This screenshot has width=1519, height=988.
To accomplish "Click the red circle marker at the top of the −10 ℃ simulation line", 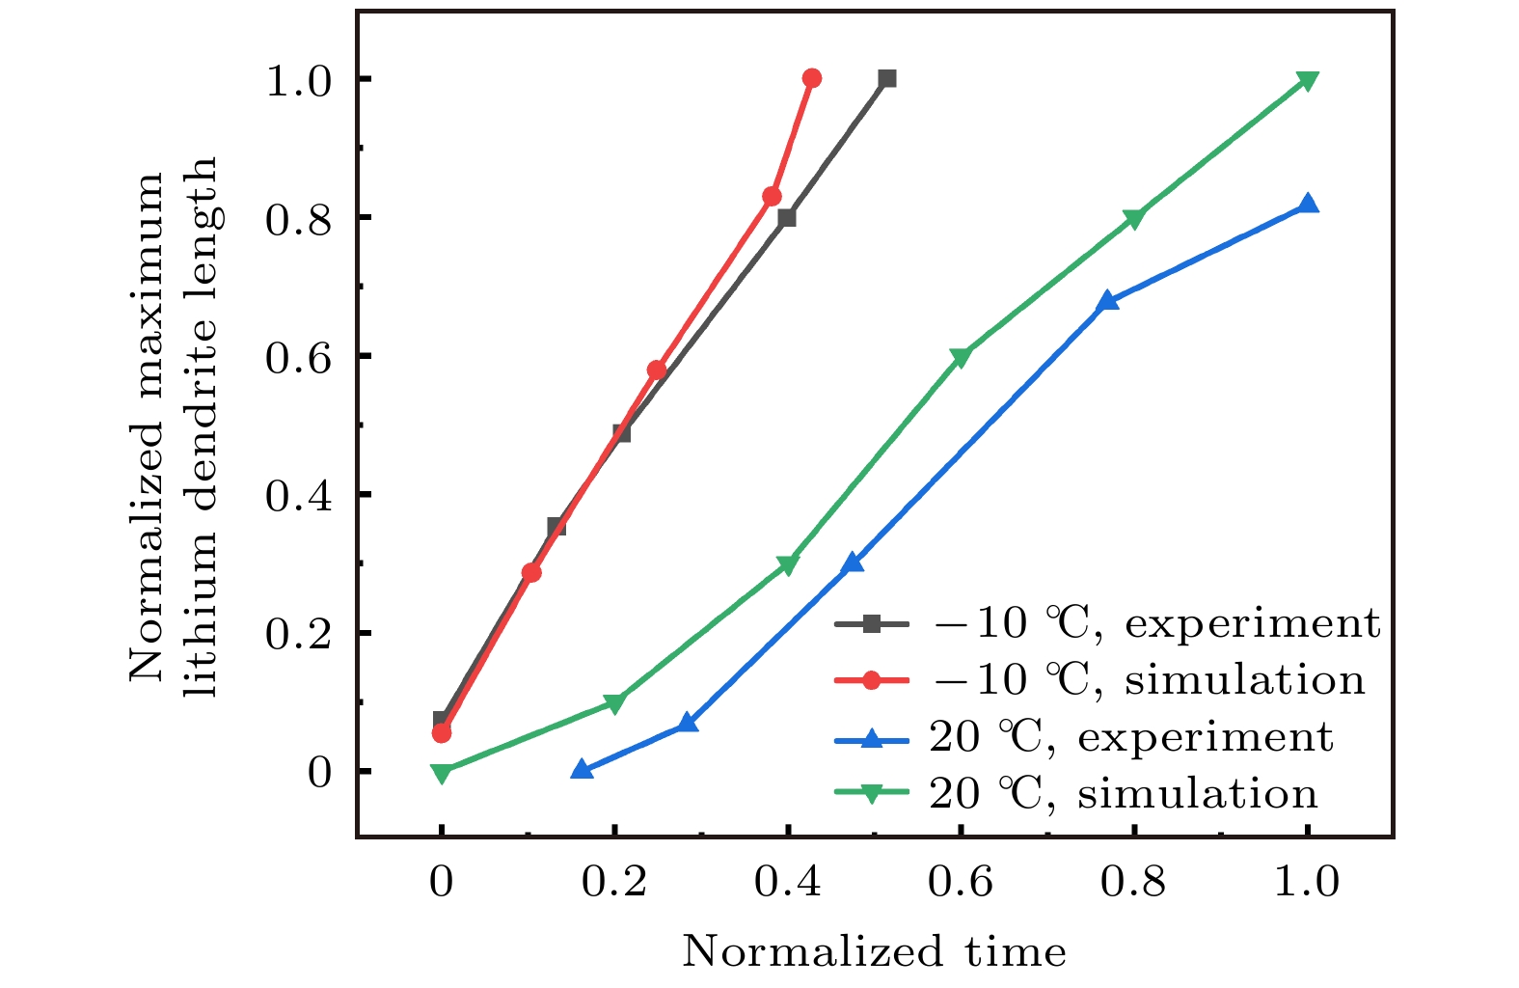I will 812,78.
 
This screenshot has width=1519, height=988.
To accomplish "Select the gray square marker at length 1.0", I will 887,78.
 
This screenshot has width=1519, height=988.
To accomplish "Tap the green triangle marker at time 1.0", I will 1308,80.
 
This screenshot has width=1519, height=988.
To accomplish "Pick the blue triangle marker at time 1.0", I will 1308,204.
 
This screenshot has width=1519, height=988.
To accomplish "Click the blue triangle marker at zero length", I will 582,769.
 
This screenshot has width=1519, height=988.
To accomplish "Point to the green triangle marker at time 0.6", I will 961,357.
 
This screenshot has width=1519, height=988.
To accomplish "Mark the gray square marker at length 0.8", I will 787,218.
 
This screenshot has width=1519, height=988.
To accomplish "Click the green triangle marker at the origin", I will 442,773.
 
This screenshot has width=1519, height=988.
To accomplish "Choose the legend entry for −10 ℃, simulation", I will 1099,680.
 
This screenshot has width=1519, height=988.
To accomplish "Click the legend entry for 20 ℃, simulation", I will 1075,794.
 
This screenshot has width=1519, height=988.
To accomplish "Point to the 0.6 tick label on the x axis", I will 961,882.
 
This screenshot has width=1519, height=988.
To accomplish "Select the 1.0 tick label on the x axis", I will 1308,882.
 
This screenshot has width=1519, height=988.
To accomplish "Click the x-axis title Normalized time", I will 874,952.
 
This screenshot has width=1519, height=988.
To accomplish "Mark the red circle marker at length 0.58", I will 657,370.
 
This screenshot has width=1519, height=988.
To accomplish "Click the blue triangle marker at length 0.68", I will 1108,300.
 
